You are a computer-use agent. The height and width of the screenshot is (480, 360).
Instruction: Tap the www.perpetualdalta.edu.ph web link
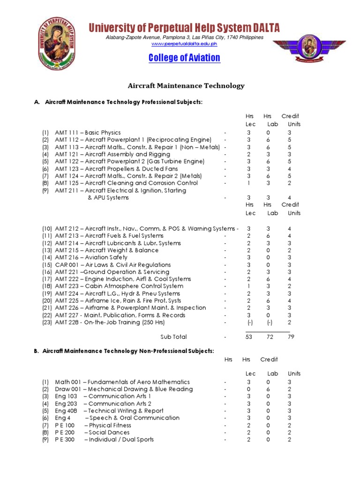184,44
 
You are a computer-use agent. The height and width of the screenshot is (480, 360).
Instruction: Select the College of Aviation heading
184,58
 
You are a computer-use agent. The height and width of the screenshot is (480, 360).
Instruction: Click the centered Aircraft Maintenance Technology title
187,86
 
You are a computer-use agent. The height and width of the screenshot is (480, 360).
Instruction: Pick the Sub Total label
173,337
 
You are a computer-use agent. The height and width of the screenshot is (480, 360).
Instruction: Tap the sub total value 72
270,337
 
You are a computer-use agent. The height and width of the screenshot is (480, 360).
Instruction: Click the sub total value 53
248,337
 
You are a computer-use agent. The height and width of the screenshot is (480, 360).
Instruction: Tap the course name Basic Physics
103,133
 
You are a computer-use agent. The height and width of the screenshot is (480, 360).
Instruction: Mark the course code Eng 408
65,411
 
